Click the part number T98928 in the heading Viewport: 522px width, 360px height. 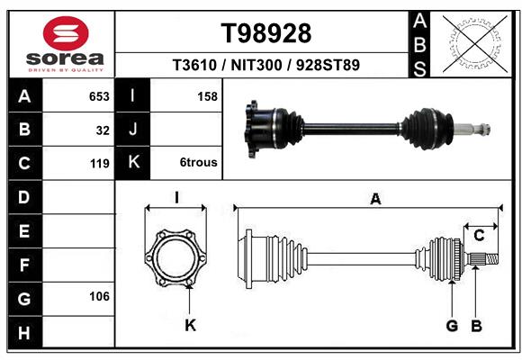tap(266, 32)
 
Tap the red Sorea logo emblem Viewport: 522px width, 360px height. tap(66, 33)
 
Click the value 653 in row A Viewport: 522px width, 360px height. tap(98, 96)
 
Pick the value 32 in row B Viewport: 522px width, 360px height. tap(102, 130)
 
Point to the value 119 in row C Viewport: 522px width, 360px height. tap(98, 163)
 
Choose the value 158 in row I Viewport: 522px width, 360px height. tap(206, 96)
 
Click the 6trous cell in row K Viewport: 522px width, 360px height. tap(197, 163)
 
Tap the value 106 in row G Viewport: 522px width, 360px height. tap(98, 296)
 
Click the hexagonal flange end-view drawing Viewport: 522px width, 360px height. tap(176, 256)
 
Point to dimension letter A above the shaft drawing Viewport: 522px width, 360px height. tap(375, 199)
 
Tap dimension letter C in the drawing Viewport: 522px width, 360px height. tap(480, 236)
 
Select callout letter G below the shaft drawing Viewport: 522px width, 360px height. tap(452, 325)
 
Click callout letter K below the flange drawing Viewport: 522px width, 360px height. tap(190, 325)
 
